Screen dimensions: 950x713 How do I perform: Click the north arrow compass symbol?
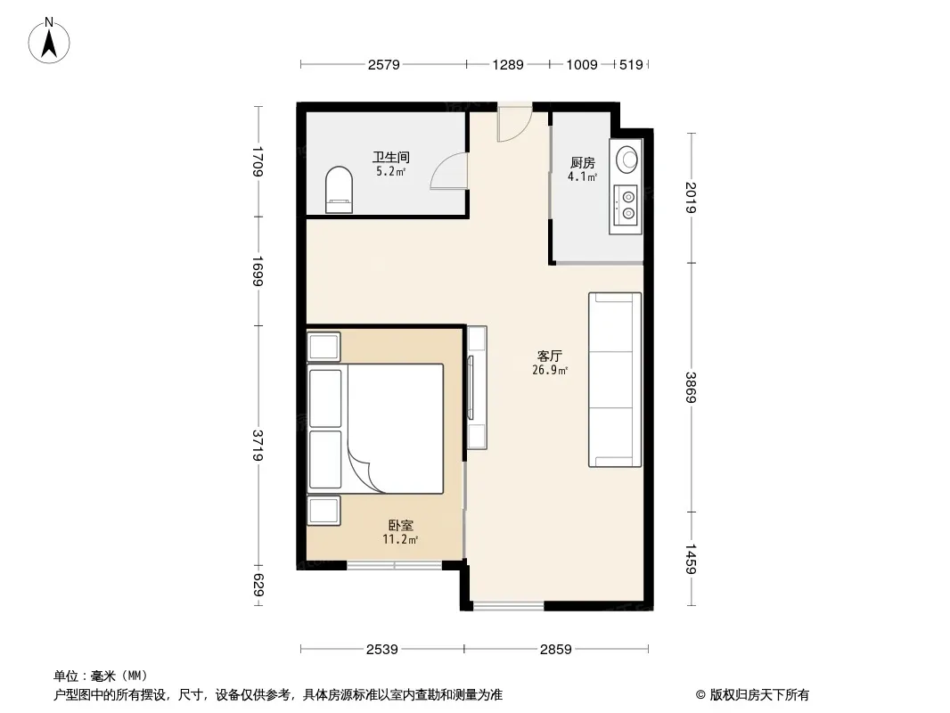[x=49, y=41]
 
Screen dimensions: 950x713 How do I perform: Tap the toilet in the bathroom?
[x=339, y=190]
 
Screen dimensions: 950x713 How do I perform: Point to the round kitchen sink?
[x=627, y=160]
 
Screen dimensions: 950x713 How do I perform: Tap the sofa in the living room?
[x=614, y=380]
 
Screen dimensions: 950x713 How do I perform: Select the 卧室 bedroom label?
[x=400, y=526]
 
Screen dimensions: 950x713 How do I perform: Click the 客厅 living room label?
[x=550, y=356]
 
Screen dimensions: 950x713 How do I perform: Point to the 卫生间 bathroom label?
[x=391, y=158]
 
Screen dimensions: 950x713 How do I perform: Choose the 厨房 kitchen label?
[x=582, y=163]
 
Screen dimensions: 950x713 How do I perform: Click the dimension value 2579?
[x=383, y=65]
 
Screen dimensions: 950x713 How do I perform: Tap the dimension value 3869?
[x=691, y=388]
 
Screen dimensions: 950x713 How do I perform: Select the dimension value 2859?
[x=555, y=650]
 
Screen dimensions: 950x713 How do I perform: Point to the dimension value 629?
[x=258, y=585]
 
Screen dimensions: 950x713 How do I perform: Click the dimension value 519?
[x=631, y=65]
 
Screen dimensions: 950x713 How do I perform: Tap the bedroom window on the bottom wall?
[x=395, y=566]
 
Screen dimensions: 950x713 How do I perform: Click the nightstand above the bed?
[x=323, y=347]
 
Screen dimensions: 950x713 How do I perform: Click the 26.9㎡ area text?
[x=550, y=370]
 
